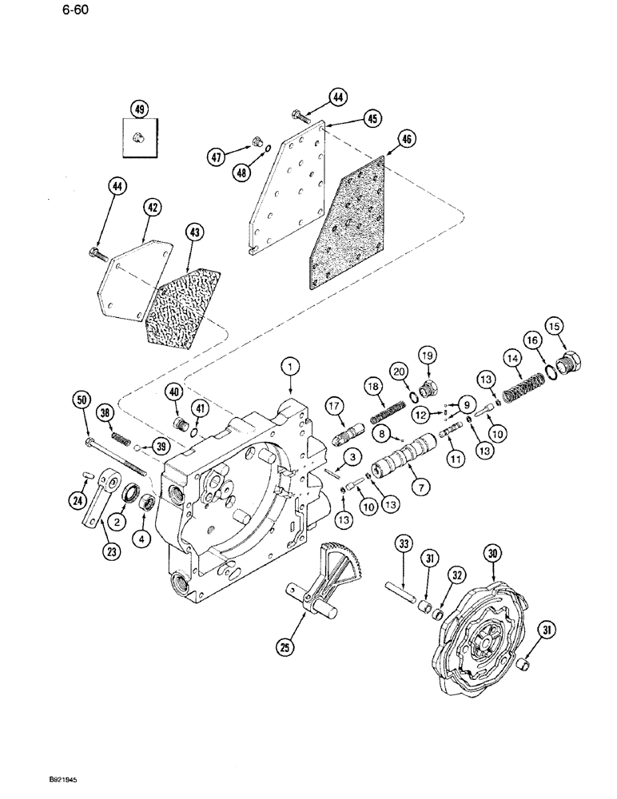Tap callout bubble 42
152,208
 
